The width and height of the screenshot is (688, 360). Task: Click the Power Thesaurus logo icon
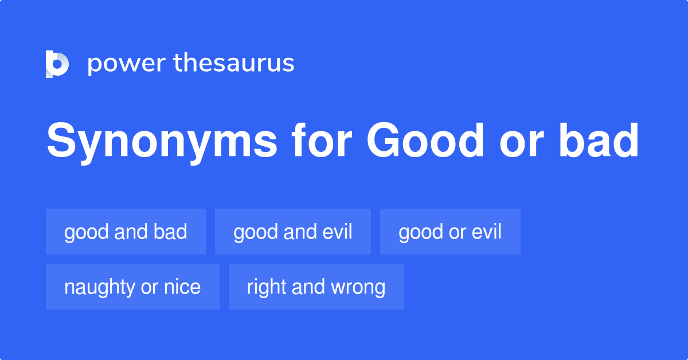[x=57, y=64]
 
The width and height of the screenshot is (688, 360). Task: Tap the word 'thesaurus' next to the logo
[x=234, y=64]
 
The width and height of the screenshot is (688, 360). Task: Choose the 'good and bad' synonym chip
[x=126, y=232]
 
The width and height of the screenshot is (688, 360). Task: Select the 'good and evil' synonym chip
[x=293, y=232]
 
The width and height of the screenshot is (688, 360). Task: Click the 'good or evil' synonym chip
[x=450, y=232]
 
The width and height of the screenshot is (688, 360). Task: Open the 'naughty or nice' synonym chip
[x=132, y=287]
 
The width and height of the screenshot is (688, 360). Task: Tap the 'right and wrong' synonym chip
[x=316, y=287]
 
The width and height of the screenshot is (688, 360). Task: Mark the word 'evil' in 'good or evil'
[x=486, y=232]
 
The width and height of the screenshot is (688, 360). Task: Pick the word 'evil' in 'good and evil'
[x=337, y=232]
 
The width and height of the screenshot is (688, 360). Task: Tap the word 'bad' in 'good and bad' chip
[x=170, y=232]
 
